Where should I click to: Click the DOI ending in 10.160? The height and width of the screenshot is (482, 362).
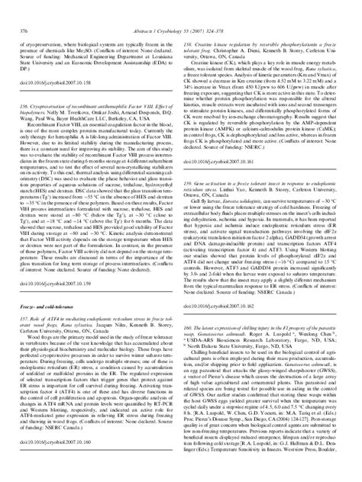54,462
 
